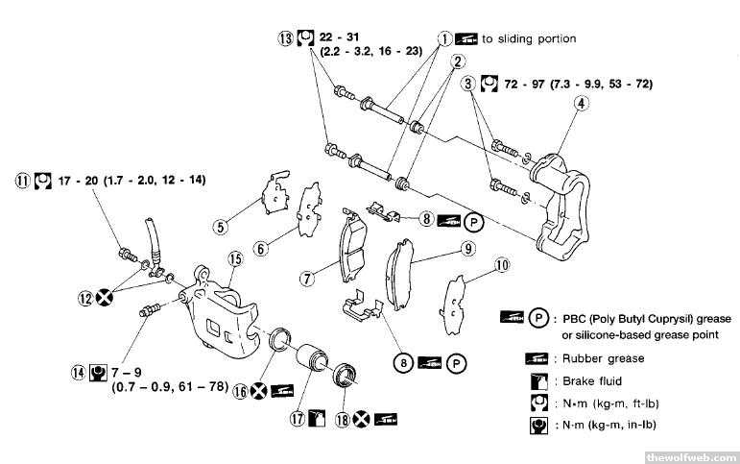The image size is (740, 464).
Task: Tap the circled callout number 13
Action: pos(285,39)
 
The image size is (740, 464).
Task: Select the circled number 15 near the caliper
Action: pos(234,257)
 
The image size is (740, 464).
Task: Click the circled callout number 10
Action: pos(500,265)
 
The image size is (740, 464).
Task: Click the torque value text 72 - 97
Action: pos(536,85)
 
